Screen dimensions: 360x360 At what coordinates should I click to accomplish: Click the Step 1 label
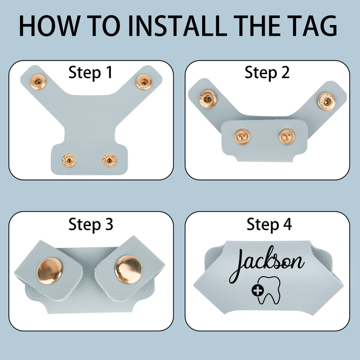point(90,72)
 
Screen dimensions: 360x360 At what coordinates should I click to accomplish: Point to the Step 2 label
point(267,72)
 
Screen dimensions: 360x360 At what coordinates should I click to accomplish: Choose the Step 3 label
point(91,224)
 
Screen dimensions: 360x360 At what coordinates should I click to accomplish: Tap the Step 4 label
point(269,224)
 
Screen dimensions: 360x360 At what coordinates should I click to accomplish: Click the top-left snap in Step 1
point(38,82)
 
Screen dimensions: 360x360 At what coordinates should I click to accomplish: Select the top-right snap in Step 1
point(144,82)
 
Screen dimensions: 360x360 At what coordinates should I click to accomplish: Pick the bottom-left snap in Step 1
point(69,160)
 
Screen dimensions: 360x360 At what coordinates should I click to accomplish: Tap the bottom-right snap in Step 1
point(110,160)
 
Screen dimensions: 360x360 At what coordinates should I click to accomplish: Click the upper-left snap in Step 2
point(208,99)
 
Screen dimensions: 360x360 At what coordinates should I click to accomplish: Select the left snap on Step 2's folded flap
point(242,137)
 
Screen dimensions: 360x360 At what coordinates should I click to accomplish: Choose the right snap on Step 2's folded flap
point(287,137)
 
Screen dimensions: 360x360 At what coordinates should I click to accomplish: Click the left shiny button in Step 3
point(50,271)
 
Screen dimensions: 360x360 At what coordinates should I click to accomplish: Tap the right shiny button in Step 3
point(129,270)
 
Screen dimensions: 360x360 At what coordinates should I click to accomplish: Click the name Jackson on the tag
point(266,264)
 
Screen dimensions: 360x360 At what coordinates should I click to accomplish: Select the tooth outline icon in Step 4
point(269,290)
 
